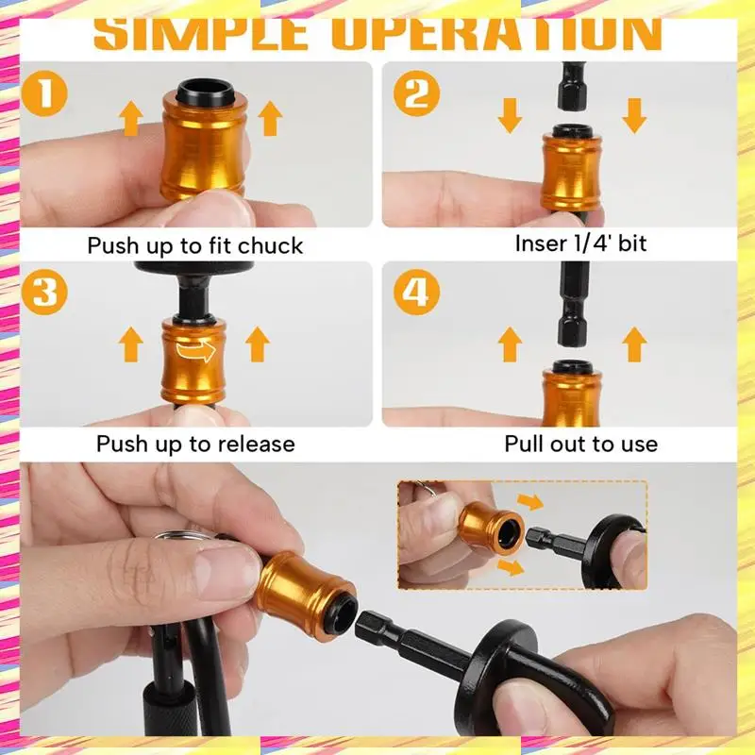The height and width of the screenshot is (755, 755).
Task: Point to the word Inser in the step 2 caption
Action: pyautogui.click(x=537, y=243)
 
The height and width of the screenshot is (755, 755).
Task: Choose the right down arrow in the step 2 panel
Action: pyautogui.click(x=634, y=115)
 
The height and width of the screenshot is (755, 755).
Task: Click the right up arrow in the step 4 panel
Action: pyautogui.click(x=634, y=344)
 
